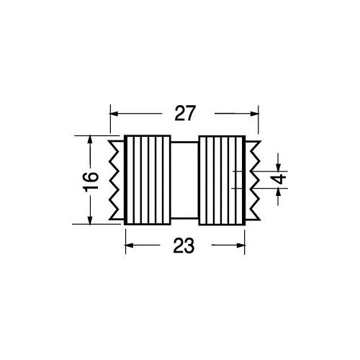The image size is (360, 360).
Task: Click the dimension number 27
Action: [x=184, y=113]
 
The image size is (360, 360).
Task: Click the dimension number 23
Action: [x=184, y=246]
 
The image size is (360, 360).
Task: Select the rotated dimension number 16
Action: [x=91, y=180]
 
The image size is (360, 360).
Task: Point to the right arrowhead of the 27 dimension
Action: [x=254, y=114]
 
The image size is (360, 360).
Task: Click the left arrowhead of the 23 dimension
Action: [x=130, y=246]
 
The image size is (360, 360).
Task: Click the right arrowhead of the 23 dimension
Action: [x=240, y=246]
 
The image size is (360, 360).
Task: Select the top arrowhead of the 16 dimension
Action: [x=90, y=140]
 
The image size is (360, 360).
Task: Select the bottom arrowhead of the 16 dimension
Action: [x=90, y=220]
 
